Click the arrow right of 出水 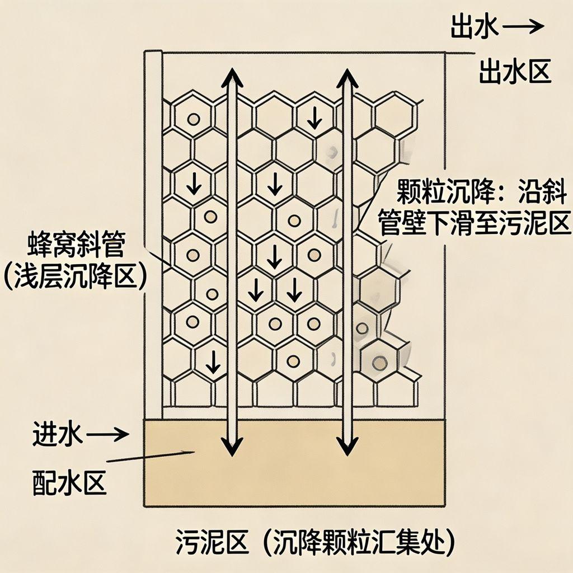click(x=523, y=27)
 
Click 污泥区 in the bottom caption click(x=201, y=541)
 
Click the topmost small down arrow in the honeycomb click(x=315, y=116)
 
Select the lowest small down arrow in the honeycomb click(x=213, y=364)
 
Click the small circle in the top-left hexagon click(x=193, y=119)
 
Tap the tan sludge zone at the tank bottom click(x=294, y=476)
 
